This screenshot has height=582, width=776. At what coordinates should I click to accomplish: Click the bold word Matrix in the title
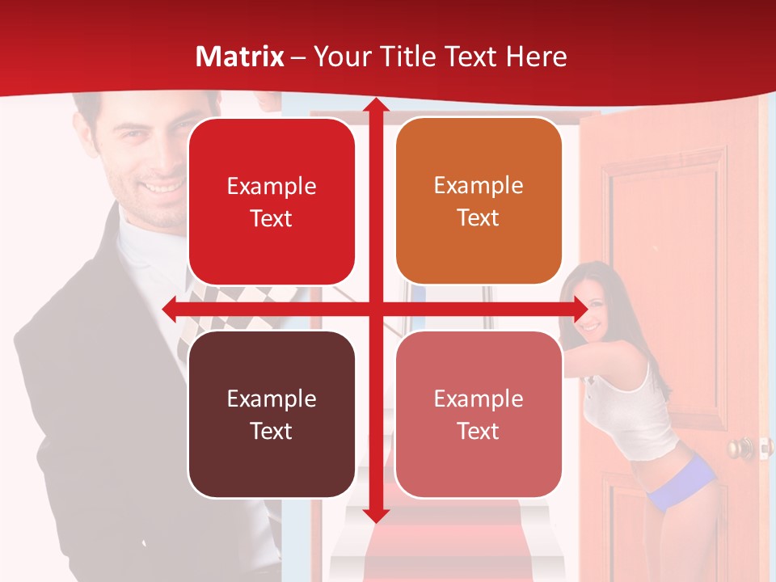(240, 57)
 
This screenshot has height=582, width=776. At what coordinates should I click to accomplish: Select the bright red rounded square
(272, 201)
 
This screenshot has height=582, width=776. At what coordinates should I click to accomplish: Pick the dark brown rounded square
(272, 414)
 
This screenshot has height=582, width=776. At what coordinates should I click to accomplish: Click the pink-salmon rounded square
(479, 414)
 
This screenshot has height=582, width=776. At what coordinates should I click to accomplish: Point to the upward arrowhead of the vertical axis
(375, 105)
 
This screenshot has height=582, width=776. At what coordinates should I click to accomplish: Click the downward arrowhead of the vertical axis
(375, 514)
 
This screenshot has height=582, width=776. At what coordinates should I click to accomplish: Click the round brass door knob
(736, 447)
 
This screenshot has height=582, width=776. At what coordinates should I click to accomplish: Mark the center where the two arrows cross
(375, 309)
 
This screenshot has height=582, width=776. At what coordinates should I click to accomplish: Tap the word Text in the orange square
(479, 218)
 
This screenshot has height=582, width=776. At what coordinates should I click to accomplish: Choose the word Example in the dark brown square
(272, 399)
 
